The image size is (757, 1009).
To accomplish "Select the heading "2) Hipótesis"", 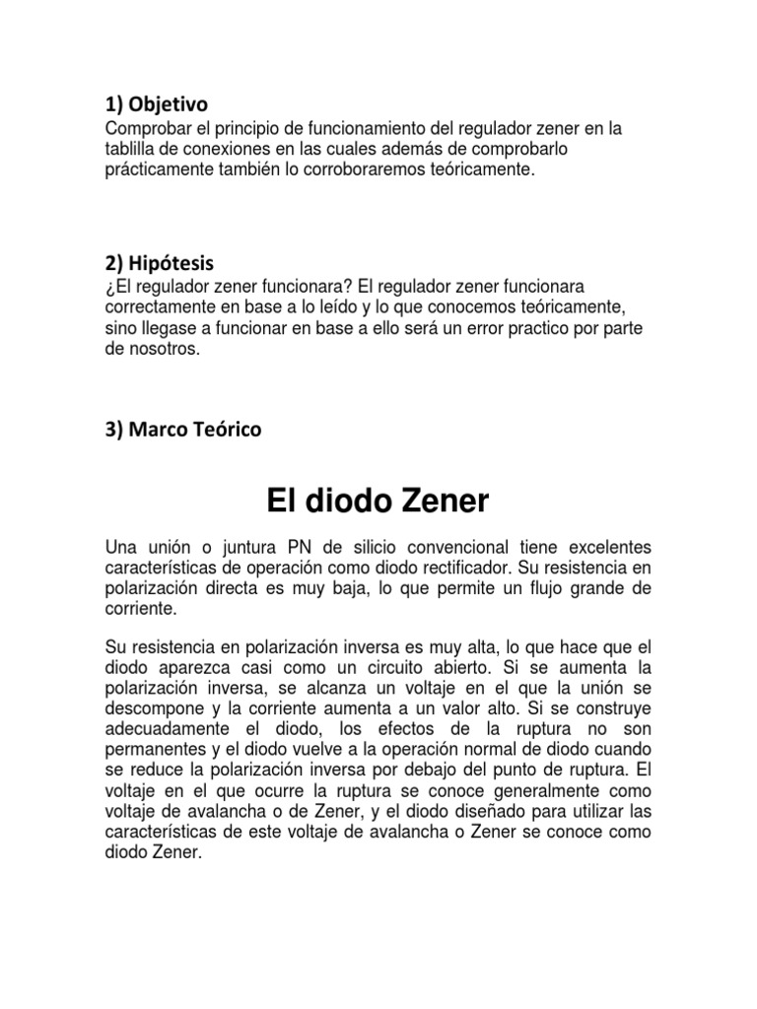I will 159,264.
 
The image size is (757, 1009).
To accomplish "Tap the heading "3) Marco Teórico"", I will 182,430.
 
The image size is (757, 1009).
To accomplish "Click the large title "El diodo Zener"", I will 378,502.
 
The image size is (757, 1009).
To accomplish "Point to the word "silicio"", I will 356,548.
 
